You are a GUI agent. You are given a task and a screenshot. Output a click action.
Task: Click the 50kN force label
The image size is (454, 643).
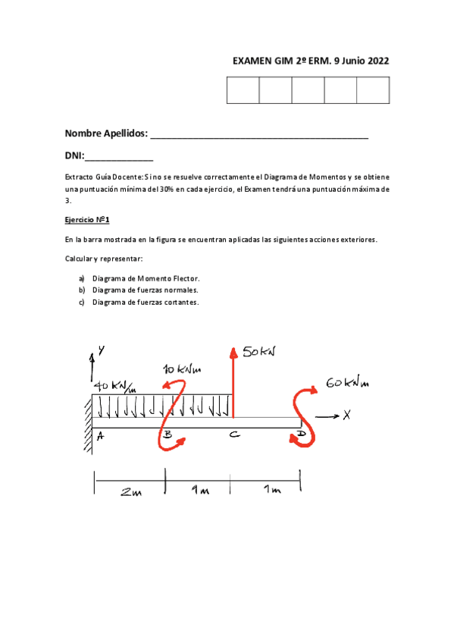(x=259, y=351)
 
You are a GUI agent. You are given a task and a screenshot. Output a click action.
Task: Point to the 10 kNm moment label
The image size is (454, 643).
(x=181, y=369)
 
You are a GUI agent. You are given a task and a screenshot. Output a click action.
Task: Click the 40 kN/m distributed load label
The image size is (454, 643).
(x=113, y=387)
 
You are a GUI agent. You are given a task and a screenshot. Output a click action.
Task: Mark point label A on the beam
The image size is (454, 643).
(x=100, y=435)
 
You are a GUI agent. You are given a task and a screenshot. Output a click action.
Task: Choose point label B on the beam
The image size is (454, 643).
(x=168, y=435)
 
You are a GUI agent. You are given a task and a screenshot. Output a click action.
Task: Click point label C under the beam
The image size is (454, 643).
(x=233, y=434)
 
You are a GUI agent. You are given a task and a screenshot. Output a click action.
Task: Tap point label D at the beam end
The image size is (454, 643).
(x=301, y=434)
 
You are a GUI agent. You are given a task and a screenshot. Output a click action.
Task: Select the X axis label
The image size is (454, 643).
(x=347, y=415)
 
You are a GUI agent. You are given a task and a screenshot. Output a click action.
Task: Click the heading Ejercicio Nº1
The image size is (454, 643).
(x=88, y=221)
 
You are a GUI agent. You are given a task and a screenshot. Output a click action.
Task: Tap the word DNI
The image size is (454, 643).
(x=74, y=157)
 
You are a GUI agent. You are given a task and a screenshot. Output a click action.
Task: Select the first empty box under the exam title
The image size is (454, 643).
(x=243, y=90)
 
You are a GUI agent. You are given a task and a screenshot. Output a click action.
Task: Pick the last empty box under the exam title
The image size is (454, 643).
(x=373, y=90)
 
